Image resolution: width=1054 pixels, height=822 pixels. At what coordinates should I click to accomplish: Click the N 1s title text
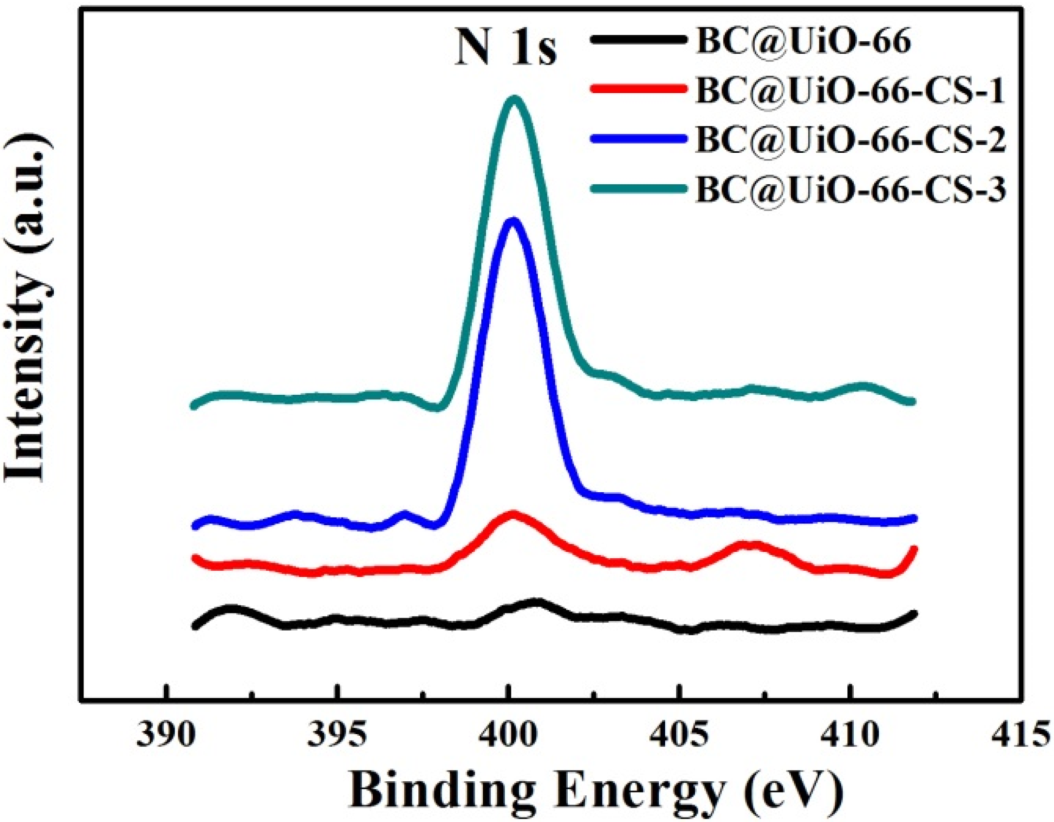506,49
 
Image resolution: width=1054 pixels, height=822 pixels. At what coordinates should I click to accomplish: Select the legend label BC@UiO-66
803,43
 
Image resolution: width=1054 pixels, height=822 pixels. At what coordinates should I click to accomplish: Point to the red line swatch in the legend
639,89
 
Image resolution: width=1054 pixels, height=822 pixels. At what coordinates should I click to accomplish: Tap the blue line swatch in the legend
639,139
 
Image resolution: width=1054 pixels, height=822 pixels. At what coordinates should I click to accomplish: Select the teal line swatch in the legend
639,188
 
